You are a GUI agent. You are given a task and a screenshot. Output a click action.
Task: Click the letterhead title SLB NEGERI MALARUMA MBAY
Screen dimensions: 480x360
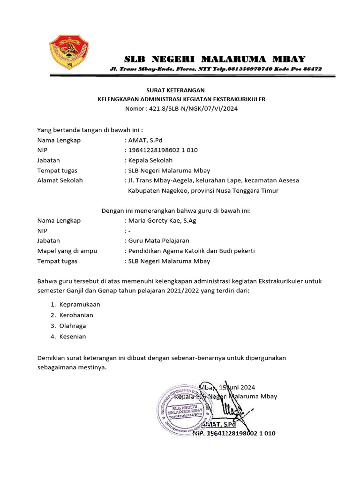click(214, 59)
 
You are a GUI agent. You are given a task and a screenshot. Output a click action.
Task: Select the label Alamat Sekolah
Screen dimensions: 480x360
click(60, 180)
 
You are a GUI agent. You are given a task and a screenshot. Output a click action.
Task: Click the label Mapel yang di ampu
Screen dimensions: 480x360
click(67, 251)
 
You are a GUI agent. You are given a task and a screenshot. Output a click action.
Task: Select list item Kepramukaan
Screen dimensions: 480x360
click(80, 304)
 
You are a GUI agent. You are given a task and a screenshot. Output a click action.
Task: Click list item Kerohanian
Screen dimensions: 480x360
click(76, 315)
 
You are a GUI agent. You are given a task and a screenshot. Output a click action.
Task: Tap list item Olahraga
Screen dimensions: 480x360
click(73, 326)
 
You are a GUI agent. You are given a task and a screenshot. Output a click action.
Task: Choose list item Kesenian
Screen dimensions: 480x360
click(73, 337)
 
